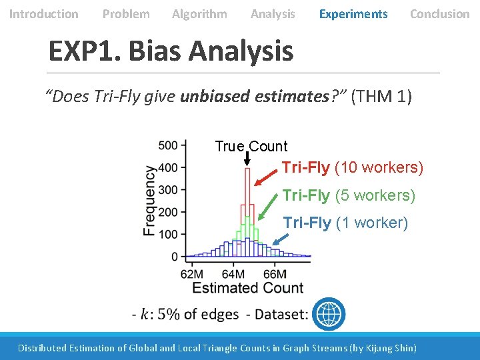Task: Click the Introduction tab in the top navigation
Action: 43,14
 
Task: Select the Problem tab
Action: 126,14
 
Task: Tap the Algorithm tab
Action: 199,14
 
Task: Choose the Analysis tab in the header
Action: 273,14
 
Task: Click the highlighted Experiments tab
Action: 353,14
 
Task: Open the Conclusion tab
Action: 439,14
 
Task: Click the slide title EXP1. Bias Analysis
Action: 171,51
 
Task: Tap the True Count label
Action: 251,147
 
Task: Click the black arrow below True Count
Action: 247,159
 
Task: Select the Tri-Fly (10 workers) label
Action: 352,167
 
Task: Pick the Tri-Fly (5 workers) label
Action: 349,195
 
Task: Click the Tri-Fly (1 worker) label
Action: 345,223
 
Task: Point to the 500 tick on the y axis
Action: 169,145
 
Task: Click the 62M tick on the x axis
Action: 192,273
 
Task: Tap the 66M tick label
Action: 275,273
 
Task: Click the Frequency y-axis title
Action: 150,201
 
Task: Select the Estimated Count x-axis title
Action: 247,288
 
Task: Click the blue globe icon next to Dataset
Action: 329,313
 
